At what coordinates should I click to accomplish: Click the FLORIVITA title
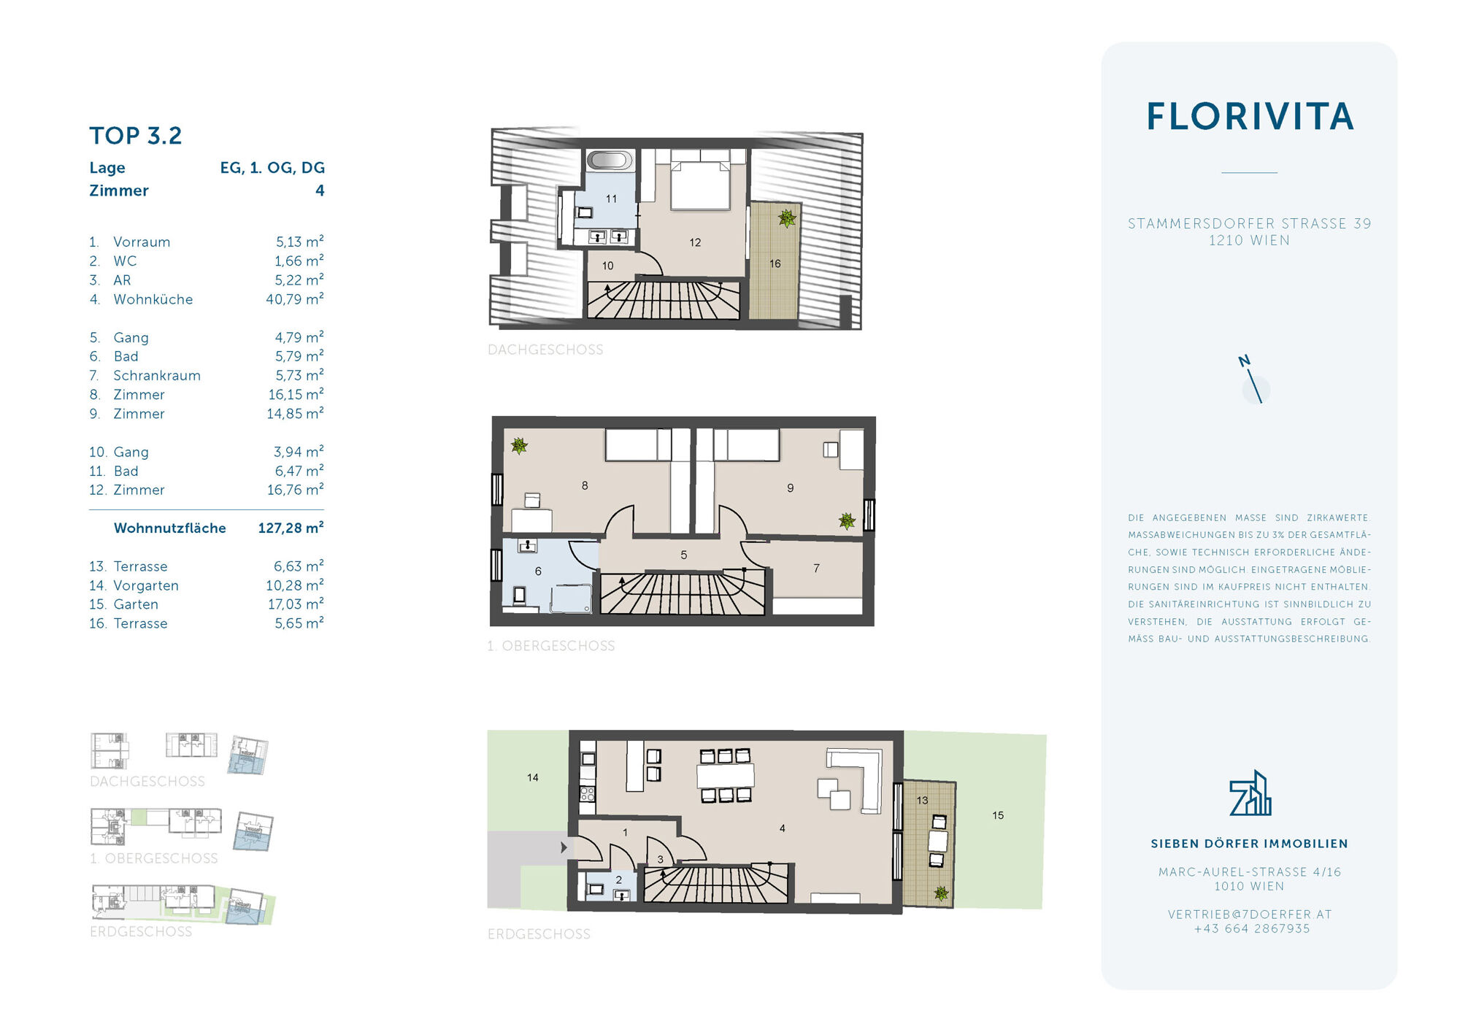(x=1250, y=117)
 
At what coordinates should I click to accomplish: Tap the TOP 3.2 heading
(x=136, y=136)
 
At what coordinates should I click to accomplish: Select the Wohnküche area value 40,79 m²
(x=295, y=299)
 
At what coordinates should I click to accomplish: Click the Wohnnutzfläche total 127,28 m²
(x=291, y=528)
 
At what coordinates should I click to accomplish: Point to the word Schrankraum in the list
(x=157, y=375)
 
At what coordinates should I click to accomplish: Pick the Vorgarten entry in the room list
(x=146, y=585)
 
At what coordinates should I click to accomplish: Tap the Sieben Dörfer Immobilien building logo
(x=1250, y=793)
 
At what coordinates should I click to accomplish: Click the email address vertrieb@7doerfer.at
(x=1250, y=914)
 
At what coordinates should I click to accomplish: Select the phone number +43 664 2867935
(x=1252, y=929)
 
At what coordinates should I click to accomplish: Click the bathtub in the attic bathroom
(x=610, y=160)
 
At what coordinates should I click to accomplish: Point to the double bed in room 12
(x=701, y=180)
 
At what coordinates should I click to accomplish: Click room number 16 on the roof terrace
(x=775, y=263)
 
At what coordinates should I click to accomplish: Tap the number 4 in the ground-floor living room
(x=783, y=828)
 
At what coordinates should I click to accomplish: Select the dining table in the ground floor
(x=726, y=775)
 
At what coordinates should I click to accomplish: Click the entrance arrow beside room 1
(x=564, y=847)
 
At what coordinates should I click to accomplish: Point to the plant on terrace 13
(x=942, y=893)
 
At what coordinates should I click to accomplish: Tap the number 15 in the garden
(x=998, y=815)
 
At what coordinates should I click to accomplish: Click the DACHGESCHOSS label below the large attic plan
(x=545, y=350)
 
